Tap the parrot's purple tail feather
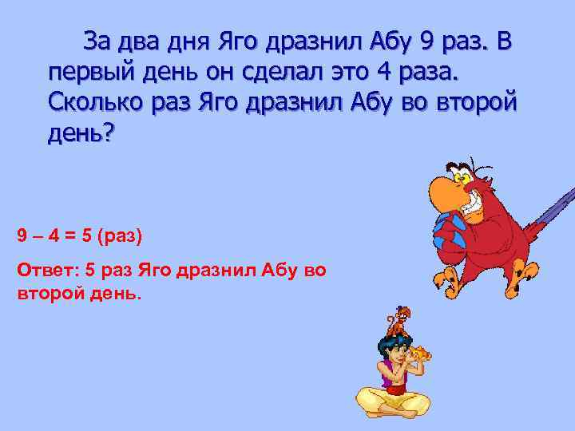pyautogui.click(x=551, y=208)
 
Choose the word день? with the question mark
pyautogui.click(x=81, y=132)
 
